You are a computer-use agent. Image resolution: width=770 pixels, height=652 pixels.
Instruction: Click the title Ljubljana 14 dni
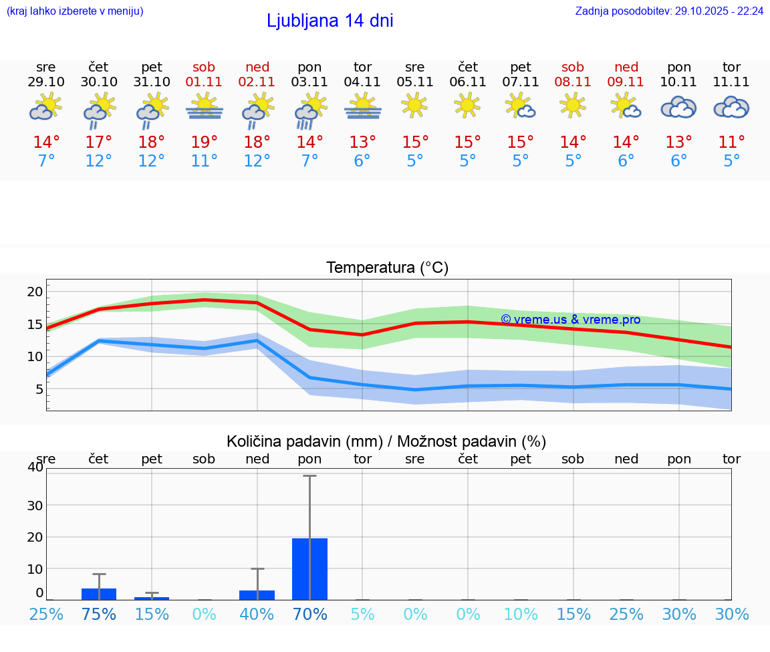[x=330, y=21]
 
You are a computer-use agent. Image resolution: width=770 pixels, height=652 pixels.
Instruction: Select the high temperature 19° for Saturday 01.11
[x=205, y=142]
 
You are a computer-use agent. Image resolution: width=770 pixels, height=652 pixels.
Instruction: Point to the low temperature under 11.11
[x=732, y=161]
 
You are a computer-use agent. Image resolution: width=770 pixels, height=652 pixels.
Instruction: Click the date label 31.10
[x=152, y=82]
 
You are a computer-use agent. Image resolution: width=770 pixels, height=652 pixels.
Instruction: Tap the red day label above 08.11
[x=573, y=67]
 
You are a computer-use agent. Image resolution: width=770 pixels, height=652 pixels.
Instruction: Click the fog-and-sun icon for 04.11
[x=363, y=107]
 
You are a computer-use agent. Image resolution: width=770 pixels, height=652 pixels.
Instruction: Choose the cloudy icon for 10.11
[x=679, y=108]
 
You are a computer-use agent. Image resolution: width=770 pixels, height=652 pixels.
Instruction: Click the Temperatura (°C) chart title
[x=387, y=268]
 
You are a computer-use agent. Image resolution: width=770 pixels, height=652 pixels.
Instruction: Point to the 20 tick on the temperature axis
[x=35, y=292]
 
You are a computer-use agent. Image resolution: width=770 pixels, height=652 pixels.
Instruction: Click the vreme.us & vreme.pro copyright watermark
[x=570, y=320]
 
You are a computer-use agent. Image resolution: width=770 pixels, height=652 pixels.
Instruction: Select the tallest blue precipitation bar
[x=310, y=568]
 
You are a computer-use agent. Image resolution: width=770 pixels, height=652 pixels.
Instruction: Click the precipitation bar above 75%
[x=99, y=594]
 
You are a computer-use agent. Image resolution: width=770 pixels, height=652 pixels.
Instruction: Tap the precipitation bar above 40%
[x=257, y=595]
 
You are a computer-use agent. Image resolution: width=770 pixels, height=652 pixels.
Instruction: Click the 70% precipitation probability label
[x=310, y=614]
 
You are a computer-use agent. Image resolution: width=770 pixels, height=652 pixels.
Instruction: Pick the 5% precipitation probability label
[x=363, y=614]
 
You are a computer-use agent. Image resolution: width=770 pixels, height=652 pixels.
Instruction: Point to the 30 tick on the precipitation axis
[x=35, y=505]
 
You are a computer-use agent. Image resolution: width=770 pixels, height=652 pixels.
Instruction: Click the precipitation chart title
[x=386, y=441]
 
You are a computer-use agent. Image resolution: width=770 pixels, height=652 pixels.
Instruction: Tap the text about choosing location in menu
[x=75, y=11]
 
